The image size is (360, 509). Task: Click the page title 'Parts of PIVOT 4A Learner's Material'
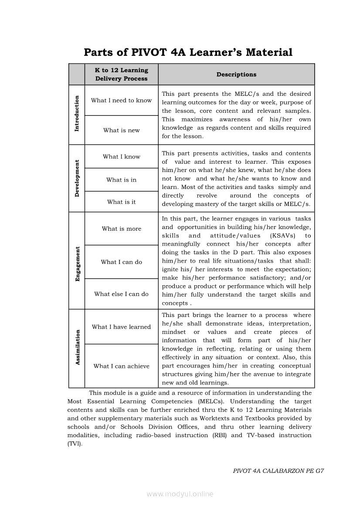pos(188,53)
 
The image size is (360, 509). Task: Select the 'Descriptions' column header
pos(236,74)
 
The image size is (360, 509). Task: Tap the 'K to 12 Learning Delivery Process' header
pos(122,74)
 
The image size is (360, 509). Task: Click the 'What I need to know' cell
pos(122,101)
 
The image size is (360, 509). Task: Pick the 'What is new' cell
pos(122,130)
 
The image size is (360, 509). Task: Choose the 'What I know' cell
pos(122,157)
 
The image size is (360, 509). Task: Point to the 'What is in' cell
pos(122,180)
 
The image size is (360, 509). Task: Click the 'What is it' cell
pos(122,202)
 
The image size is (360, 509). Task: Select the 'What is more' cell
pos(122,229)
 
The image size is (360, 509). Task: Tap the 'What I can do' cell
pos(122,262)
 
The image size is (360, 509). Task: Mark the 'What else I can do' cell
pos(122,294)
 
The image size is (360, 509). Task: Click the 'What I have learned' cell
pos(122,327)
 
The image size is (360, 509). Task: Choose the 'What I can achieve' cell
pos(122,366)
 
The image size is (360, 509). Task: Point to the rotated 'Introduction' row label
pos(77,114)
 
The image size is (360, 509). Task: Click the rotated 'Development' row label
pos(77,179)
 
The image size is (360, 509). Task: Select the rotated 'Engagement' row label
pos(78,264)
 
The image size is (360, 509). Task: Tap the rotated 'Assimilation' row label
pos(78,347)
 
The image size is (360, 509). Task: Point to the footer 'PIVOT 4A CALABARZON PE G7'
pos(278,471)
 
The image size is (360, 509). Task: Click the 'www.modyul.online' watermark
pos(180,494)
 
